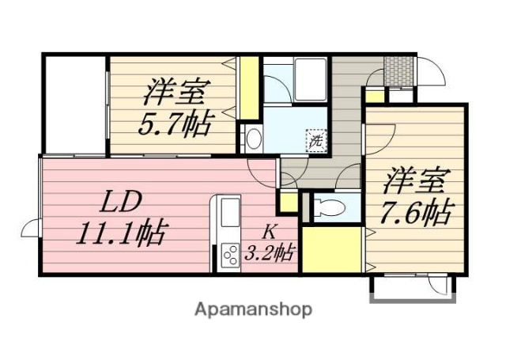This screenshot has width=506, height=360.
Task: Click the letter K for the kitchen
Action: [x=269, y=233]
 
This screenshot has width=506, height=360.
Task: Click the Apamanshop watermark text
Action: [x=253, y=309]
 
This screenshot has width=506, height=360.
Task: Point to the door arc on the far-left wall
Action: [x=30, y=228]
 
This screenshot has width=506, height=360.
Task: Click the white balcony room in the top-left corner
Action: [x=73, y=103]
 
